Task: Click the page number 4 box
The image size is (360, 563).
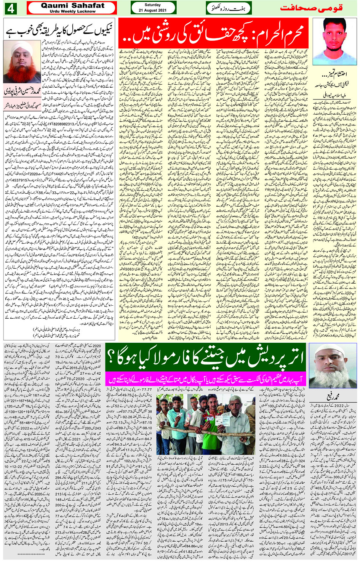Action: (10, 8)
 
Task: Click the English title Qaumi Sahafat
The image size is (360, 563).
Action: (72, 6)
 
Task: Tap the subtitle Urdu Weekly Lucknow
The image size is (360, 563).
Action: (72, 11)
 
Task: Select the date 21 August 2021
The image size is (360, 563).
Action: (153, 10)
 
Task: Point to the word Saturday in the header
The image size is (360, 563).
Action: (153, 5)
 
